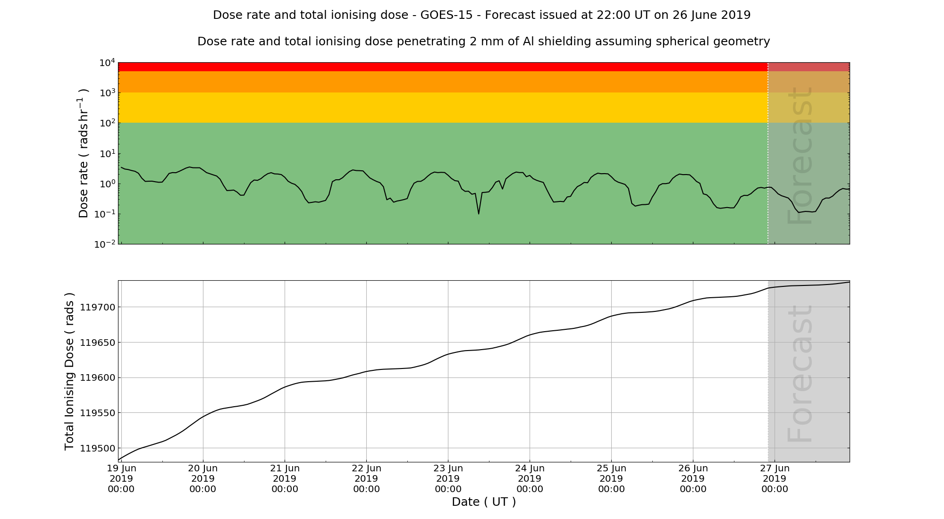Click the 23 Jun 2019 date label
click(448, 478)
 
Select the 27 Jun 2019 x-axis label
click(775, 478)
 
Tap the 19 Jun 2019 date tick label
click(121, 478)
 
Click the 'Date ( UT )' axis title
click(484, 502)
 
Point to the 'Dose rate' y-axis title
click(84, 153)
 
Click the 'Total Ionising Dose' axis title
click(69, 371)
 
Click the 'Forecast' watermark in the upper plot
click(801, 156)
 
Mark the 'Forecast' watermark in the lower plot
click(801, 374)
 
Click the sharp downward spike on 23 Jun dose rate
click(479, 213)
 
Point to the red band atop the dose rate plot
click(443, 67)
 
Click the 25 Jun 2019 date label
click(611, 478)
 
